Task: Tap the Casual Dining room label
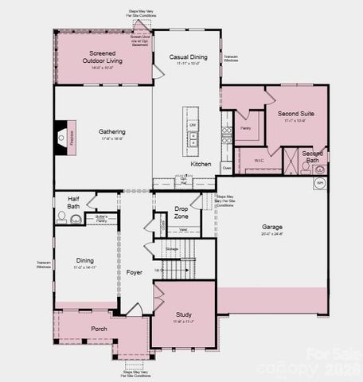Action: pyautogui.click(x=189, y=57)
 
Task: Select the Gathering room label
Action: pyautogui.click(x=112, y=132)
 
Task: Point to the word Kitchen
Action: pyautogui.click(x=201, y=164)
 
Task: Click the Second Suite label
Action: pyautogui.click(x=295, y=114)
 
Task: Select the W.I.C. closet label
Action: pyautogui.click(x=259, y=160)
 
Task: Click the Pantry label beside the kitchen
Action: pyautogui.click(x=245, y=127)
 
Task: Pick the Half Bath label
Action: pyautogui.click(x=73, y=203)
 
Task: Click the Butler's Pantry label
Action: pyautogui.click(x=101, y=218)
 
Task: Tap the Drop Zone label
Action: pyautogui.click(x=181, y=212)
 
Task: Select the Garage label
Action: pyautogui.click(x=272, y=227)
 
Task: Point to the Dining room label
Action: pyautogui.click(x=85, y=260)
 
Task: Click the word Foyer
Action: pyautogui.click(x=135, y=272)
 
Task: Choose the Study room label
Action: pyautogui.click(x=183, y=315)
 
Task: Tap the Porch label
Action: pyautogui.click(x=99, y=329)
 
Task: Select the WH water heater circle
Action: pyautogui.click(x=320, y=182)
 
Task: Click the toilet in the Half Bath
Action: pyautogui.click(x=61, y=216)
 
